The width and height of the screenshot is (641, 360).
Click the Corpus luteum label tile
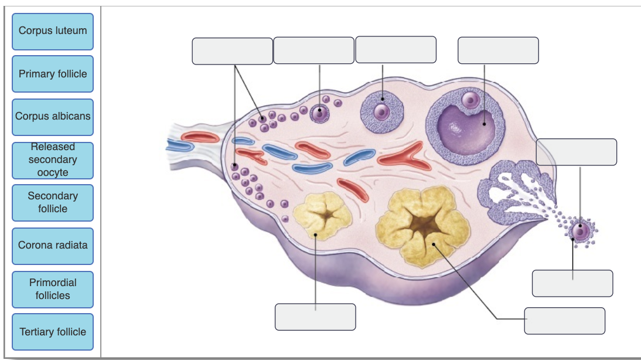tap(53, 32)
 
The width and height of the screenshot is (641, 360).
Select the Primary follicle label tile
tap(53, 74)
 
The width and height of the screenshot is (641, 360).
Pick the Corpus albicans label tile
tap(53, 116)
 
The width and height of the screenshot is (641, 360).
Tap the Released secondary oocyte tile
tap(53, 160)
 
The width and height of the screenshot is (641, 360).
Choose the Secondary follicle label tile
tap(53, 202)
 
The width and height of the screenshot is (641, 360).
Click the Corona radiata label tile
tap(53, 246)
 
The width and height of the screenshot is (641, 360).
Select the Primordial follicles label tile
tap(53, 289)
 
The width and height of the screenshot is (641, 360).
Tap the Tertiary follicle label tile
tap(53, 332)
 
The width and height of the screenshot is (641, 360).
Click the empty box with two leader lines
tap(232, 51)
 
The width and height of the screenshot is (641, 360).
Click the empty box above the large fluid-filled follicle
tap(498, 50)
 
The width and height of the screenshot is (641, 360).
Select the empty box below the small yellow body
tap(315, 317)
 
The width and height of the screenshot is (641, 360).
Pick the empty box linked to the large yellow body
tap(564, 321)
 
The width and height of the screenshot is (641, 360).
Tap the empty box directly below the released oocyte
tap(572, 283)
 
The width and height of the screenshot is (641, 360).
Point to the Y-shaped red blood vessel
tap(401, 156)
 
